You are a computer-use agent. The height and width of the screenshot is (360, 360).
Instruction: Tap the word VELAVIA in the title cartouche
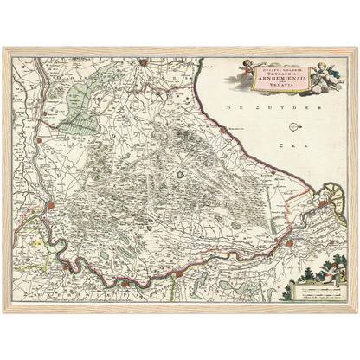276,89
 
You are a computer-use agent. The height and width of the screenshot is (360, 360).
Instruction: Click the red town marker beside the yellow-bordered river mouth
322,204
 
